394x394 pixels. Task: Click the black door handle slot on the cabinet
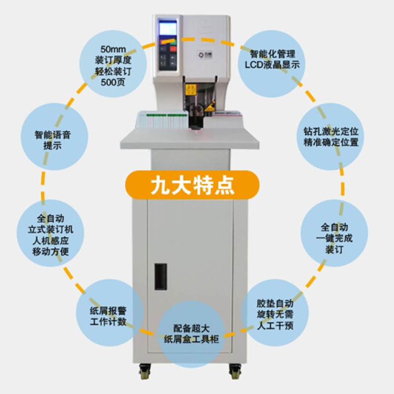pyautogui.click(x=161, y=276)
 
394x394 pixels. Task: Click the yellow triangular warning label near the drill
pyautogui.click(x=210, y=106)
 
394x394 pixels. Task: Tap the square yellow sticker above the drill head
pyautogui.click(x=190, y=89)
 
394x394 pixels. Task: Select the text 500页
pyautogui.click(x=113, y=82)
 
